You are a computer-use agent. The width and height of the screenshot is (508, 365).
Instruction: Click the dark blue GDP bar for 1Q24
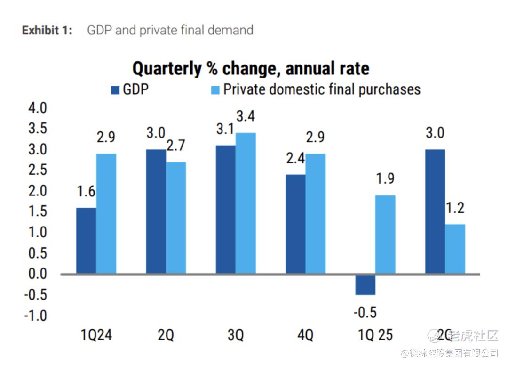click(x=86, y=241)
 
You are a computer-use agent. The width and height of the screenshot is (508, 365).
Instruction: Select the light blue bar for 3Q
click(x=246, y=203)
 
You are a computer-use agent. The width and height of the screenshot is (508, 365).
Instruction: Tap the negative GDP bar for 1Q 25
click(x=365, y=284)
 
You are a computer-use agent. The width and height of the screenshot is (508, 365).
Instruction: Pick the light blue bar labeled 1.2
click(x=455, y=249)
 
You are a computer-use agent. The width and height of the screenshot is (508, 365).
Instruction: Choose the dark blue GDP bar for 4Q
click(x=295, y=224)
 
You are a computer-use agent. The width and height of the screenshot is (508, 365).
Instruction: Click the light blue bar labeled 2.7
click(x=176, y=218)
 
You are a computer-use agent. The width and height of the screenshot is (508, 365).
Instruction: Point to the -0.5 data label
click(x=365, y=313)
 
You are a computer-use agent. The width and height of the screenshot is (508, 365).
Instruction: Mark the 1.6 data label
click(x=86, y=192)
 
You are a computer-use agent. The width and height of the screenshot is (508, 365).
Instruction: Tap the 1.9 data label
click(x=385, y=179)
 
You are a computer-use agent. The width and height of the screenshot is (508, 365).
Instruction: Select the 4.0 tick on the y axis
click(x=37, y=108)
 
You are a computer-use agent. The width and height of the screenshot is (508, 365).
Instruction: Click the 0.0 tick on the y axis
click(x=37, y=274)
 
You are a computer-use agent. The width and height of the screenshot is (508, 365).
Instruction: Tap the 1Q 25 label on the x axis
click(x=375, y=335)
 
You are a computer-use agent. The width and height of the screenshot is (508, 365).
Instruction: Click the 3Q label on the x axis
click(x=235, y=335)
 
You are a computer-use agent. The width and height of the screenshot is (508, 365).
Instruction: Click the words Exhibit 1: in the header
click(x=47, y=31)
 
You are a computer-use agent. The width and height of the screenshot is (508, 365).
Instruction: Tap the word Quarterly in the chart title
click(x=167, y=68)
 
